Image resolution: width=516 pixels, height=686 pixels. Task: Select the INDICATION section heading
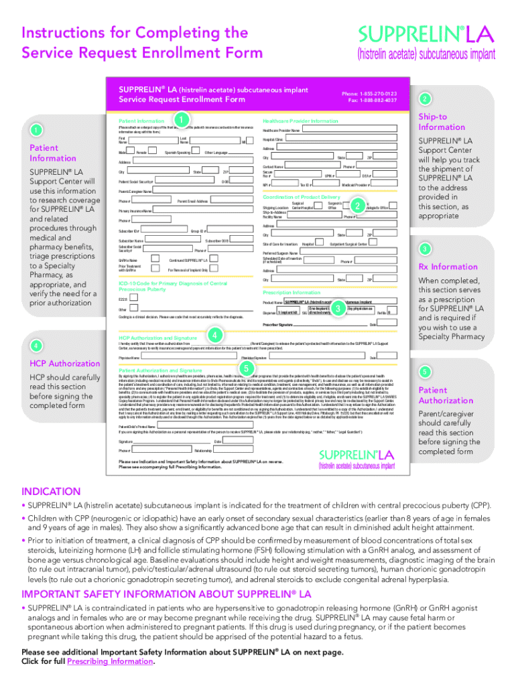(51, 492)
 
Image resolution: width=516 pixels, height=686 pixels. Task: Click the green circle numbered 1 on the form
(178, 119)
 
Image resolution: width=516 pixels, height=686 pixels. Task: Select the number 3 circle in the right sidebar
(424, 249)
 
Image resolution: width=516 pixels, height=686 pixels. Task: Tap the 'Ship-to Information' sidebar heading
(441, 122)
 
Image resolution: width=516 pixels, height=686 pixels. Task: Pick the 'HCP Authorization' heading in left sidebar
(65, 363)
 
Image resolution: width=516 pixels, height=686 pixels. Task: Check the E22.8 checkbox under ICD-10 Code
(131, 299)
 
